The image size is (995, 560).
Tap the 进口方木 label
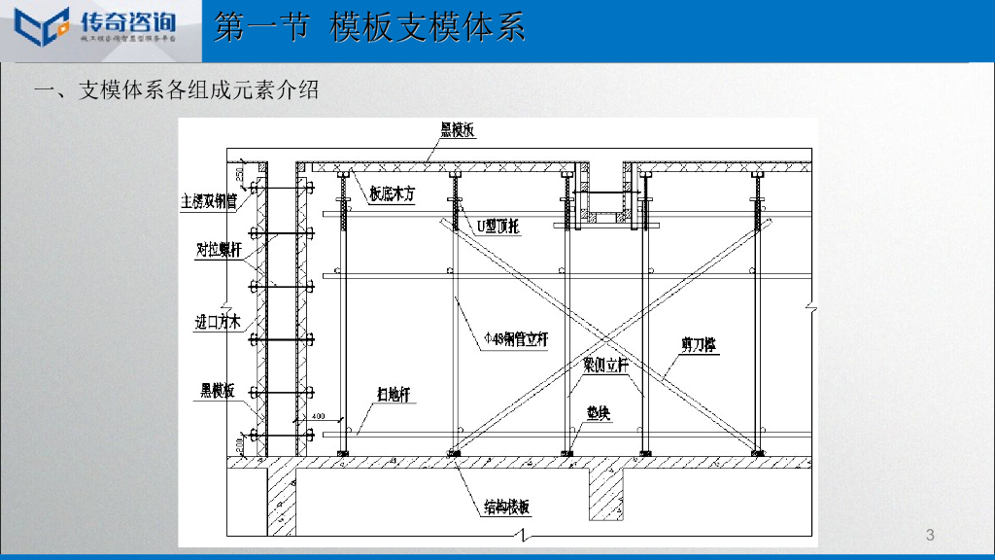coord(217,322)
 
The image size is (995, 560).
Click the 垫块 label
coord(598,412)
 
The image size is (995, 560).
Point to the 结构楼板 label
coord(507,507)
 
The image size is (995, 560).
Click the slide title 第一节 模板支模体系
coord(369,26)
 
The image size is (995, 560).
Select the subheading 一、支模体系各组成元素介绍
coord(176,90)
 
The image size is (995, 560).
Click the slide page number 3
coord(930,535)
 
